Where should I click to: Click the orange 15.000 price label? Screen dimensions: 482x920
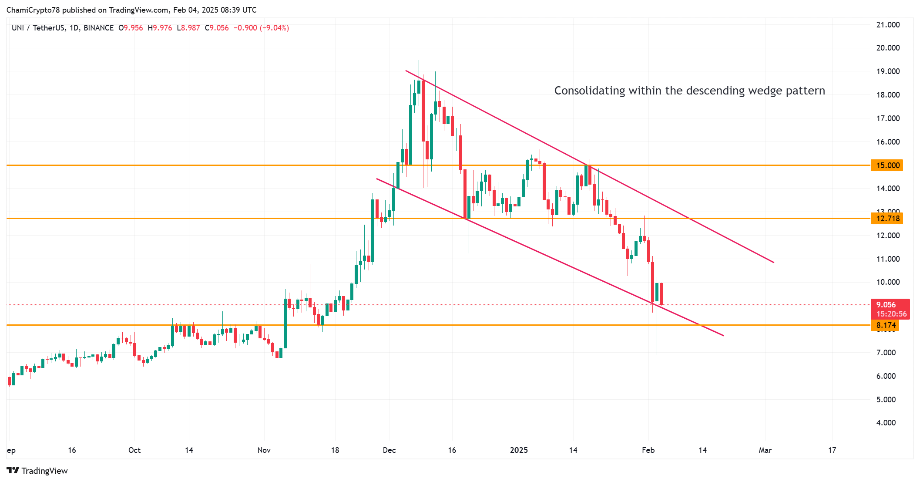pos(887,165)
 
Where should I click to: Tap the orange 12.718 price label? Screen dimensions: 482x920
pos(887,219)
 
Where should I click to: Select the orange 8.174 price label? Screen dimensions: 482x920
pos(885,325)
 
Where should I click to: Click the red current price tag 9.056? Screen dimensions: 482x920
pos(886,305)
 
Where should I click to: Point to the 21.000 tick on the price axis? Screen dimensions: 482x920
pos(888,25)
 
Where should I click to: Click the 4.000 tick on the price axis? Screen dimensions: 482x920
pos(886,423)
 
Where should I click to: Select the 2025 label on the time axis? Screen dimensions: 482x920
pos(519,450)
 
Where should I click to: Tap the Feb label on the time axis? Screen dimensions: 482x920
pos(648,450)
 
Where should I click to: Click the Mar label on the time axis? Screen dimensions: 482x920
pos(765,450)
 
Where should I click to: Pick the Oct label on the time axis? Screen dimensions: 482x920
pos(134,450)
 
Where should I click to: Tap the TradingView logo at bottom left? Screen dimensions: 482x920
pos(37,471)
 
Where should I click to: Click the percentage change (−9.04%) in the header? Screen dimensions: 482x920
pos(275,28)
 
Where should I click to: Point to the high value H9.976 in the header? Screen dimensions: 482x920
pos(160,28)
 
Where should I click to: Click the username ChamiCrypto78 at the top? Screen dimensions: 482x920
pos(33,10)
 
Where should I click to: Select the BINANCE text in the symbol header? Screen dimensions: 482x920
pos(98,28)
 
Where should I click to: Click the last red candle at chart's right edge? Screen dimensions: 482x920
pos(661,294)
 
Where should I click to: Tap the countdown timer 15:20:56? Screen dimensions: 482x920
pos(891,314)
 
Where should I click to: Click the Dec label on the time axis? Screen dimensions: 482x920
pos(389,450)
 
